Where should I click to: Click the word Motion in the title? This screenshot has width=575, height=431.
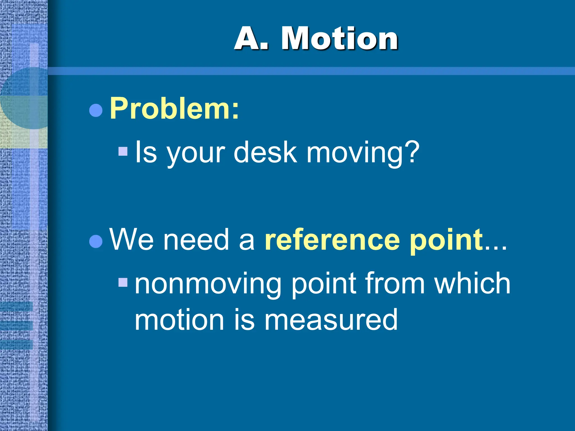340,38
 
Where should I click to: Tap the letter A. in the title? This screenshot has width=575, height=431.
251,38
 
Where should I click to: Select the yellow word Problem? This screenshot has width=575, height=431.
174,109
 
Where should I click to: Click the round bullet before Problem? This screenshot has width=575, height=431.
96,110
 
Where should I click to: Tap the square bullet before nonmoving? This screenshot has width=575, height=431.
123,282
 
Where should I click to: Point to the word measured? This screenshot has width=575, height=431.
331,320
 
